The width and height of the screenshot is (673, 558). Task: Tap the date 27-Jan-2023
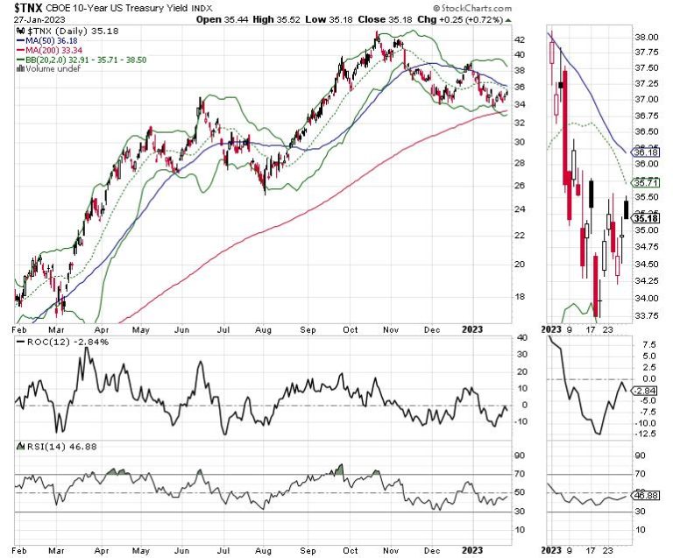pyautogui.click(x=37, y=19)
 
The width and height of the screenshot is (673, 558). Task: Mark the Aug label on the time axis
pyautogui.click(x=260, y=332)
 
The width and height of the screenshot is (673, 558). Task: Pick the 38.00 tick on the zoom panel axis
pyautogui.click(x=648, y=38)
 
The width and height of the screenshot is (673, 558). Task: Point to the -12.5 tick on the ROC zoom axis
pyautogui.click(x=647, y=433)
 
